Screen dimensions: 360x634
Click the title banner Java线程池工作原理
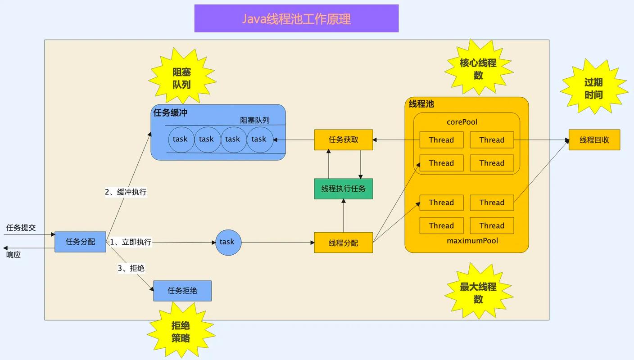(x=296, y=18)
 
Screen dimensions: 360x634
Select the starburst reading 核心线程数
(x=478, y=69)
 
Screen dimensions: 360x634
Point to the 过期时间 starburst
(x=593, y=89)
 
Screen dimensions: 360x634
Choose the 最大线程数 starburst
(x=478, y=292)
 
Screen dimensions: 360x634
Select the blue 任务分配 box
(x=81, y=242)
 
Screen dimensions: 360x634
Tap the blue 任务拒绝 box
(x=182, y=291)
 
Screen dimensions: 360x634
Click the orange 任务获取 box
(x=344, y=139)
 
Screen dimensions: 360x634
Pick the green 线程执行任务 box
(x=344, y=189)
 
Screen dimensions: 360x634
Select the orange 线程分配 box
(x=344, y=243)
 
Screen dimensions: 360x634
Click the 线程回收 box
(x=594, y=139)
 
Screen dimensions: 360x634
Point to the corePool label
(x=462, y=122)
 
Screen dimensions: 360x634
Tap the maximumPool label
(x=472, y=241)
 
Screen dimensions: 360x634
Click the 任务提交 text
(x=21, y=228)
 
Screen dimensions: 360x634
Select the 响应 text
(x=14, y=255)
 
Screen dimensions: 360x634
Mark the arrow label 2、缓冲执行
(x=126, y=192)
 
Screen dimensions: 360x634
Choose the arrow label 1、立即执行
(x=131, y=242)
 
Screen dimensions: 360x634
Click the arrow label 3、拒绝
(x=131, y=268)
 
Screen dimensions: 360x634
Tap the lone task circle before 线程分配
(x=228, y=242)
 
